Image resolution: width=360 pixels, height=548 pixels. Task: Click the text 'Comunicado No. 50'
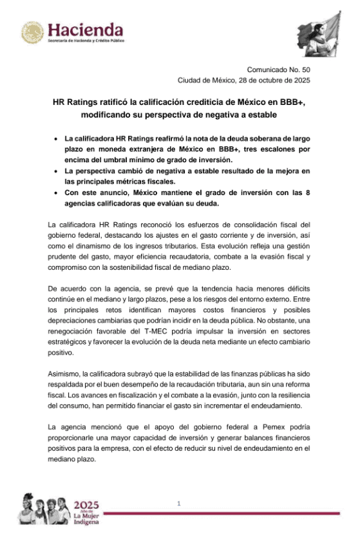click(x=279, y=70)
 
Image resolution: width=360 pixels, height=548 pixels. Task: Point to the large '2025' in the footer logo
click(x=86, y=505)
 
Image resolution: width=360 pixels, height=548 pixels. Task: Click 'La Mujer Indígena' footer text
click(x=86, y=519)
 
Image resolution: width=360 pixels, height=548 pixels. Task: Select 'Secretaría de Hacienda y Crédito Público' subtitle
click(x=86, y=41)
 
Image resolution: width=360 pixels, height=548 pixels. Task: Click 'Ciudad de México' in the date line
click(x=207, y=80)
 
